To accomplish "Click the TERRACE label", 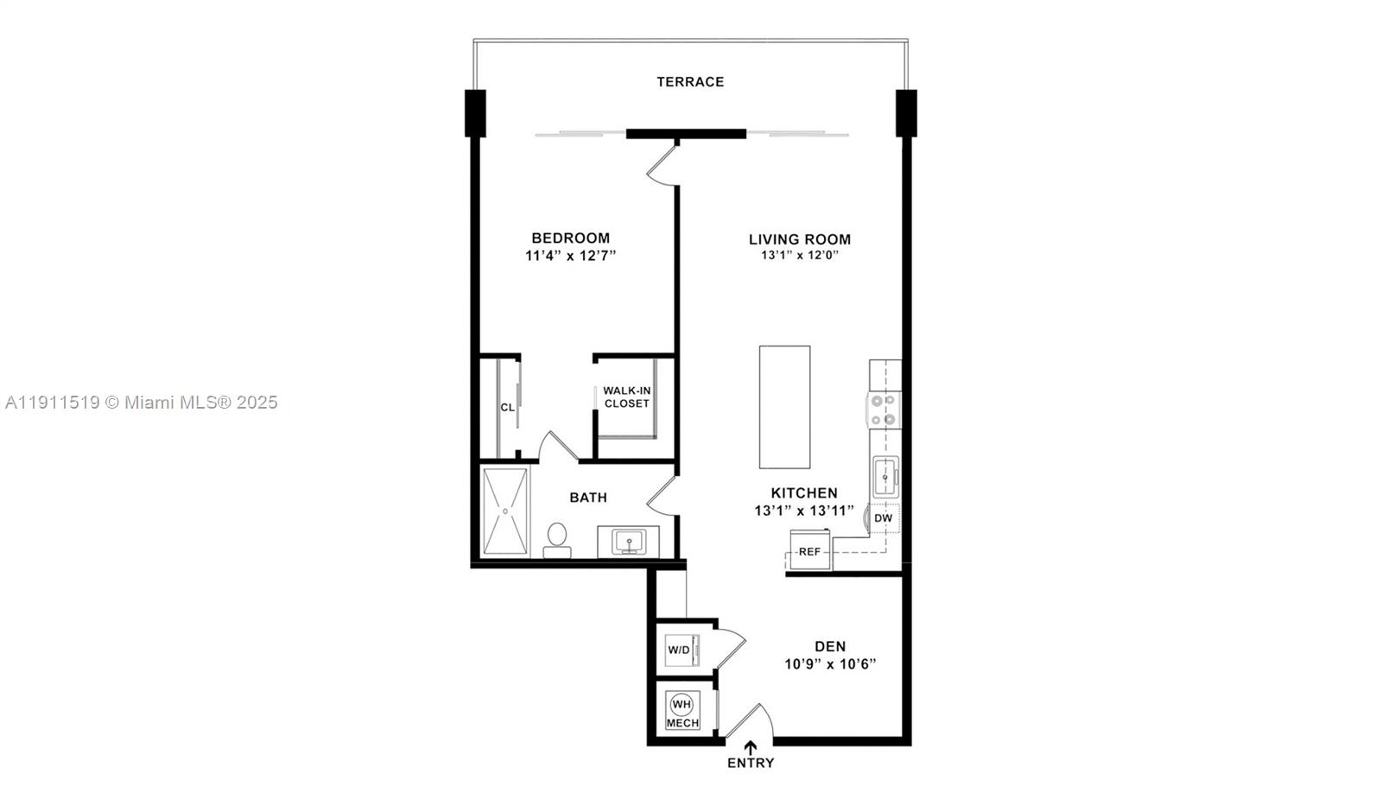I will click(x=690, y=82).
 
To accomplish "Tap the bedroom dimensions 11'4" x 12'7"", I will click(x=570, y=257).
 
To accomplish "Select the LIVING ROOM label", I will click(x=799, y=239).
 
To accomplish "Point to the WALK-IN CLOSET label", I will click(x=626, y=397).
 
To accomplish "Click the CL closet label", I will click(x=507, y=407).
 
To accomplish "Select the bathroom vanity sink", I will click(x=629, y=543).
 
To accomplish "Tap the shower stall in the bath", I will click(x=504, y=511).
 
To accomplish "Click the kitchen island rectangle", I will click(x=784, y=406).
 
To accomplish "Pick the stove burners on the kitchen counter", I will click(x=884, y=410).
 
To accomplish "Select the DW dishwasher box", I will click(x=883, y=518).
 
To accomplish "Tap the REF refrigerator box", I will click(x=809, y=551).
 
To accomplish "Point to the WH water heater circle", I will click(x=681, y=703).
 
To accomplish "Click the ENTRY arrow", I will click(x=751, y=747).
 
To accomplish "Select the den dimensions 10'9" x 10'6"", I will click(x=830, y=664).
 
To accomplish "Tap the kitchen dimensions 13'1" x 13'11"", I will click(x=803, y=511).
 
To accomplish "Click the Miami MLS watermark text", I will click(x=141, y=403).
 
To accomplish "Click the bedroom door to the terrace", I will click(x=661, y=164).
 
